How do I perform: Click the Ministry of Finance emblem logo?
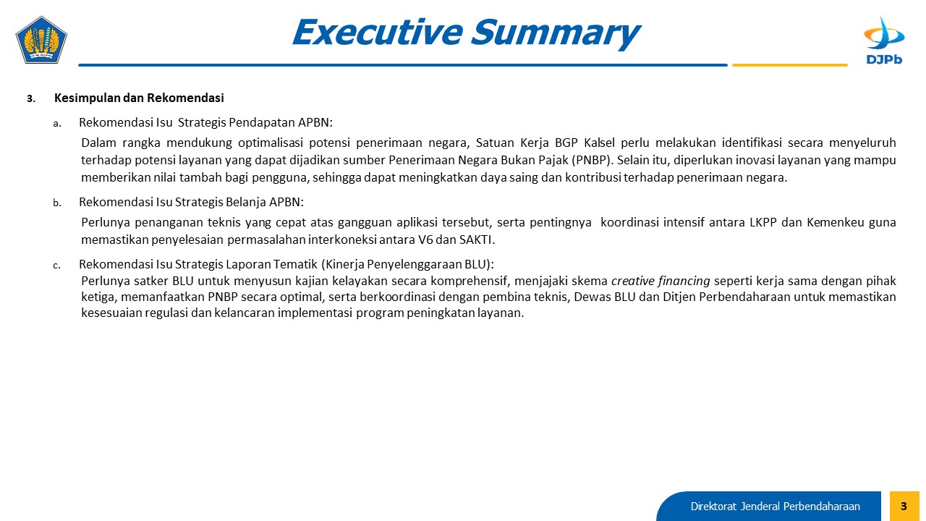[x=41, y=40]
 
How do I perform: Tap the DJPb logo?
[x=884, y=41]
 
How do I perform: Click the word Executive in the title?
[x=378, y=32]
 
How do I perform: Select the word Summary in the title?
[x=556, y=33]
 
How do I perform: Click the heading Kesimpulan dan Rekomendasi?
[x=139, y=98]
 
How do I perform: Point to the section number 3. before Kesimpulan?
[x=31, y=99]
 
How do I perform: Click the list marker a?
[x=57, y=123]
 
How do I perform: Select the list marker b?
[x=57, y=203]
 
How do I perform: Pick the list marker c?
[x=56, y=266]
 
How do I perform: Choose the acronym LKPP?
[x=763, y=222]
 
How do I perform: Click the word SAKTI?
[x=477, y=240]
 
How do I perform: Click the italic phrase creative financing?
[x=660, y=281]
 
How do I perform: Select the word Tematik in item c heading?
[x=294, y=264]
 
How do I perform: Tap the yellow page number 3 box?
[x=904, y=506]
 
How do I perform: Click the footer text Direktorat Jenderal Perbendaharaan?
[x=775, y=507]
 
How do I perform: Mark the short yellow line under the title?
[x=789, y=65]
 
